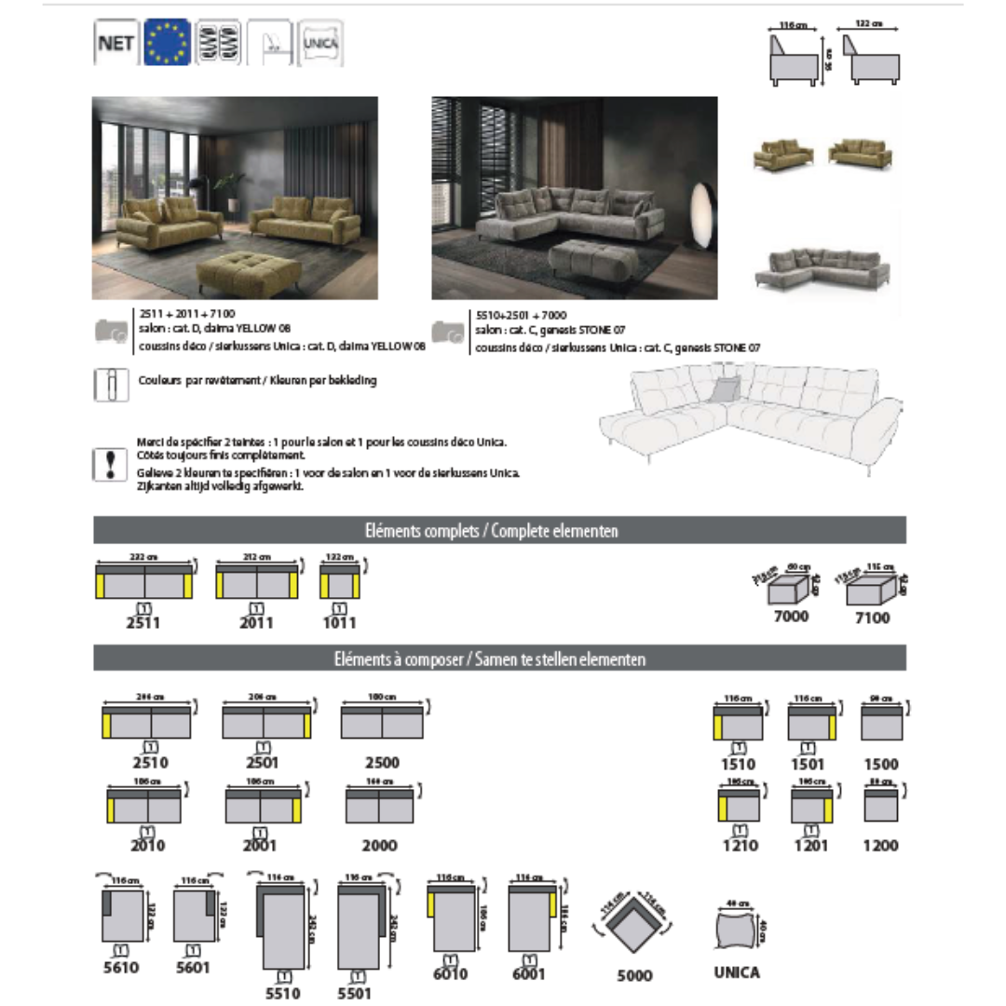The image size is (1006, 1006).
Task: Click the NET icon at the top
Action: point(116,44)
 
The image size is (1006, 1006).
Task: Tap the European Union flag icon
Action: point(167,43)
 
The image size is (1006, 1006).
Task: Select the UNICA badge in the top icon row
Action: point(320,43)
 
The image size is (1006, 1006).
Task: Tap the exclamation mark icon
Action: point(111,462)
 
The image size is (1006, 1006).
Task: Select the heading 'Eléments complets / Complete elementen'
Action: point(499,531)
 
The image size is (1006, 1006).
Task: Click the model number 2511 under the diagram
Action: point(143,622)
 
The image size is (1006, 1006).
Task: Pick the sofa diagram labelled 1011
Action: point(340,583)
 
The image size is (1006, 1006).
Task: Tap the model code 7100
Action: point(872,617)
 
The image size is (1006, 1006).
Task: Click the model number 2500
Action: point(382,762)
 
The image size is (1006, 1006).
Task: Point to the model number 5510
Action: point(283,993)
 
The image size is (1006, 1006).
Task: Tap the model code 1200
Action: point(880,846)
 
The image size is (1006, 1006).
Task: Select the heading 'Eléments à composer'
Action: point(499,659)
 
